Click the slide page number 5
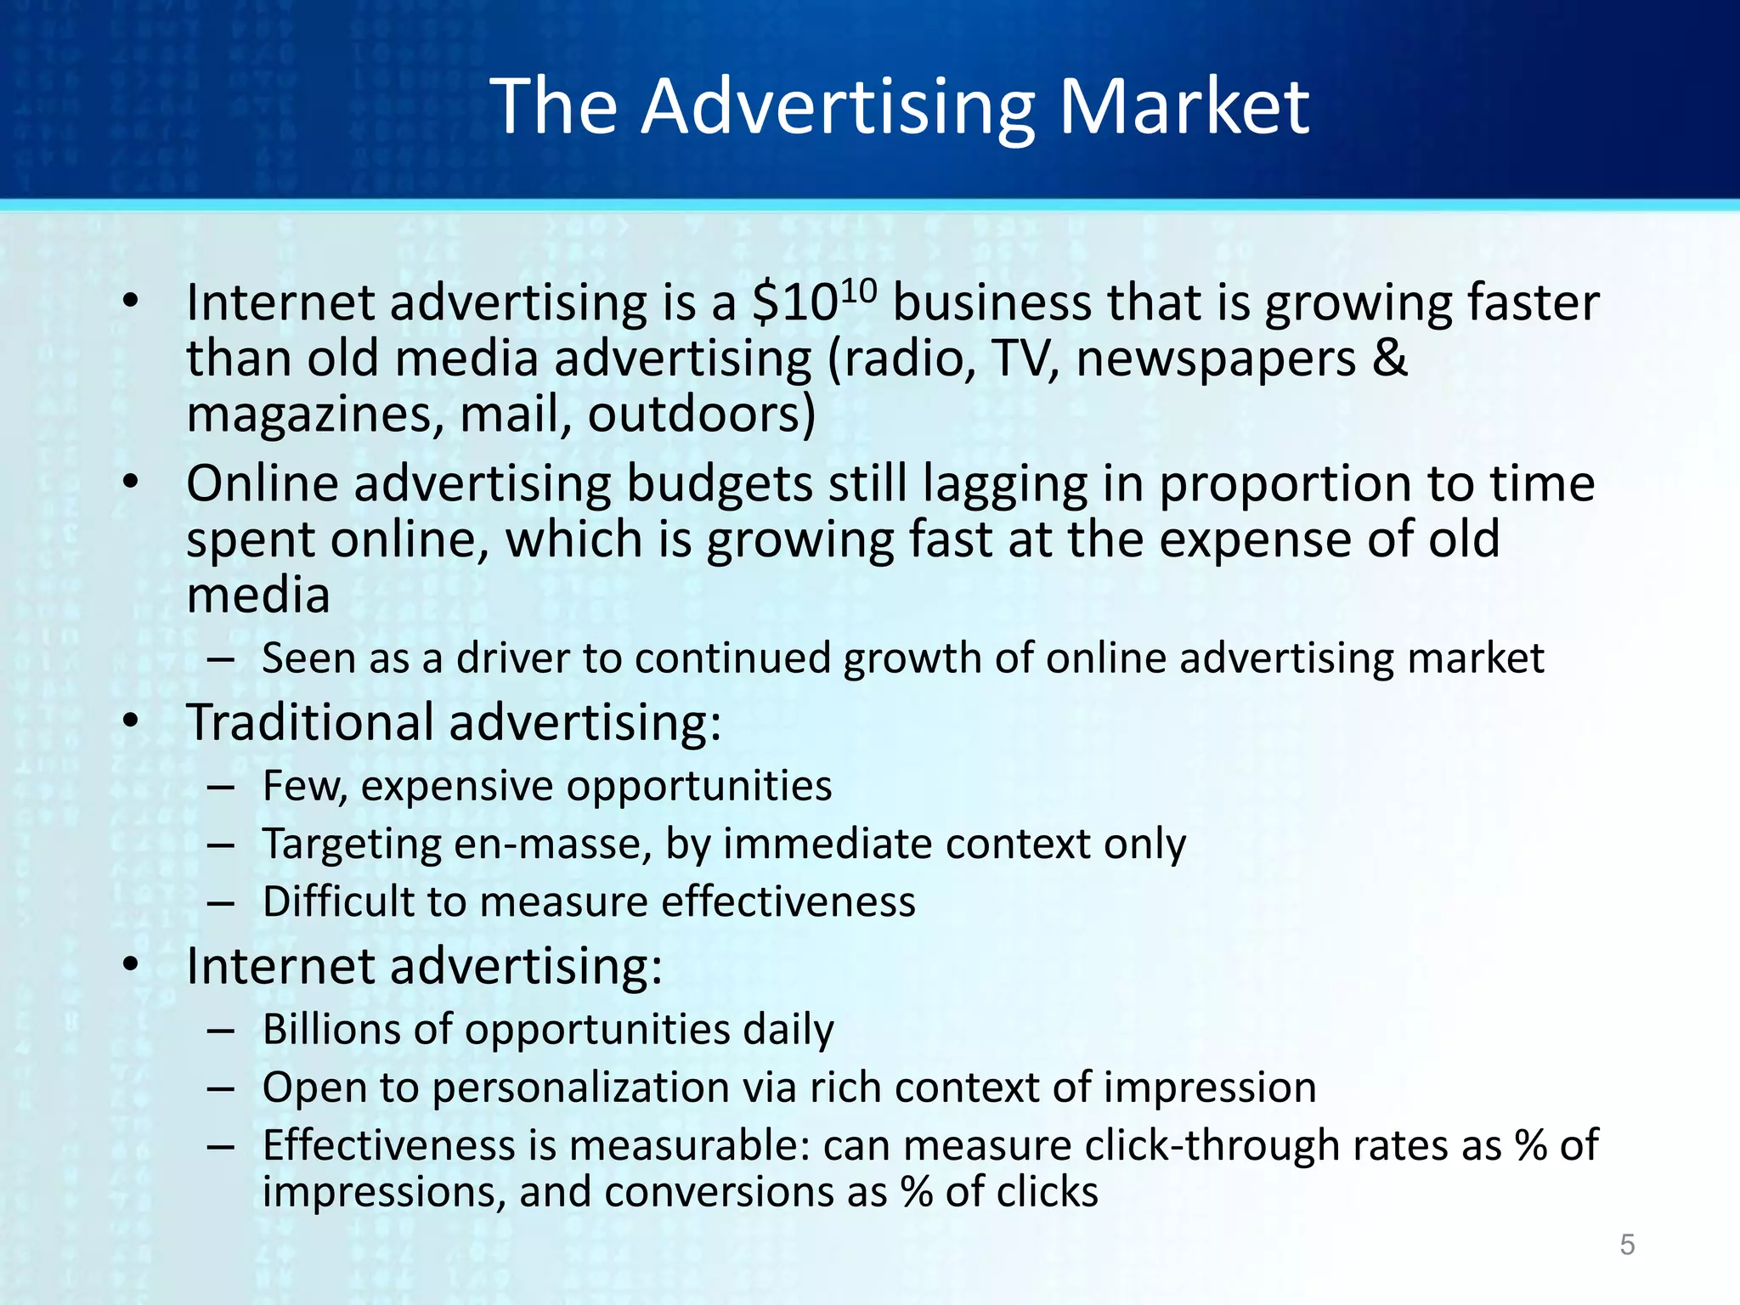click(1627, 1245)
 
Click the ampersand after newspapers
click(1390, 359)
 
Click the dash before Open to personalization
click(220, 1088)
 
